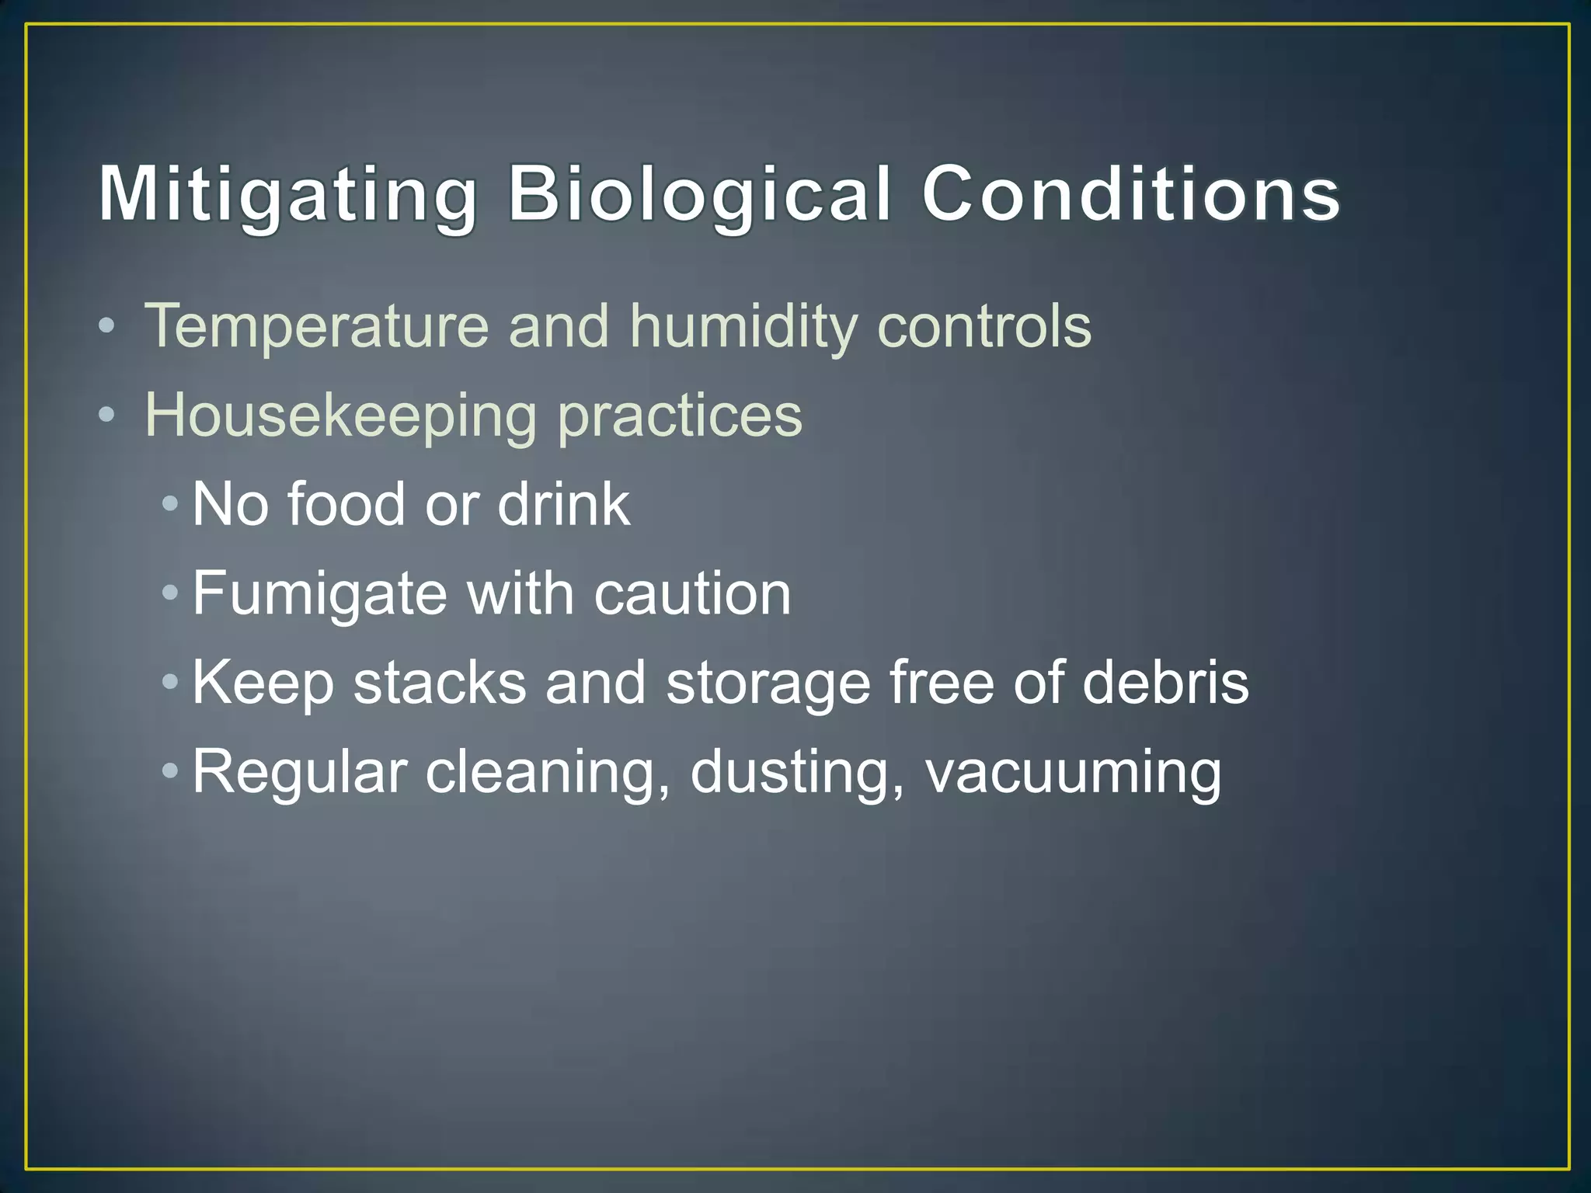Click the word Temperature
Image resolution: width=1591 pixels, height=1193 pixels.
(317, 326)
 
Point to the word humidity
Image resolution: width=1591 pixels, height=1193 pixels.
(743, 326)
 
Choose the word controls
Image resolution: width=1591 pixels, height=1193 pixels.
(984, 326)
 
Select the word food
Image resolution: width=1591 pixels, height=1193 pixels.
(346, 504)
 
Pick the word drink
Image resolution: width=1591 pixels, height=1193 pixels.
(563, 504)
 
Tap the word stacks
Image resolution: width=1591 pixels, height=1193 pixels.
(440, 683)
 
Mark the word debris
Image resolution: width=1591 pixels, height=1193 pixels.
(1165, 683)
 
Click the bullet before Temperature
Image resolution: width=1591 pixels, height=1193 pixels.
(107, 326)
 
